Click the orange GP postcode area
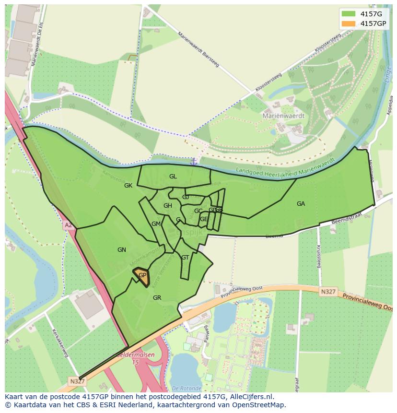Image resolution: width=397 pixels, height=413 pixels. [x=141, y=276]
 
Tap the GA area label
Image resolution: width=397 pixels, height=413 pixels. [x=301, y=204]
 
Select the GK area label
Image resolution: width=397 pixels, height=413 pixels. [x=128, y=186]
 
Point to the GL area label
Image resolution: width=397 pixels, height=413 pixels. [x=173, y=177]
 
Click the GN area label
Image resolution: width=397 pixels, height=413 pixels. [x=122, y=250]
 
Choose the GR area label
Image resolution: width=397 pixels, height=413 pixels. [x=157, y=298]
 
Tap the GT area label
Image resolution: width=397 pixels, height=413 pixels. [x=185, y=258]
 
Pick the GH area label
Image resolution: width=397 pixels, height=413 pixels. [x=167, y=206]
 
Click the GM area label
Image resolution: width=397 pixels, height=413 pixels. [x=156, y=224]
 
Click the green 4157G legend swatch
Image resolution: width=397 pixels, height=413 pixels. [x=349, y=14]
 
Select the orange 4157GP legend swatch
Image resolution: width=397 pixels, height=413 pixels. [x=349, y=24]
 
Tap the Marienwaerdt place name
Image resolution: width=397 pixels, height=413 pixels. [x=283, y=116]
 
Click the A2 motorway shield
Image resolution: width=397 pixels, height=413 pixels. [x=68, y=224]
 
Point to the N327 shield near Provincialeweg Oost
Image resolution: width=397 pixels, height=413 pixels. [x=328, y=291]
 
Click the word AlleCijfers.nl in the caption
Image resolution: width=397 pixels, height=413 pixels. [x=251, y=397]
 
